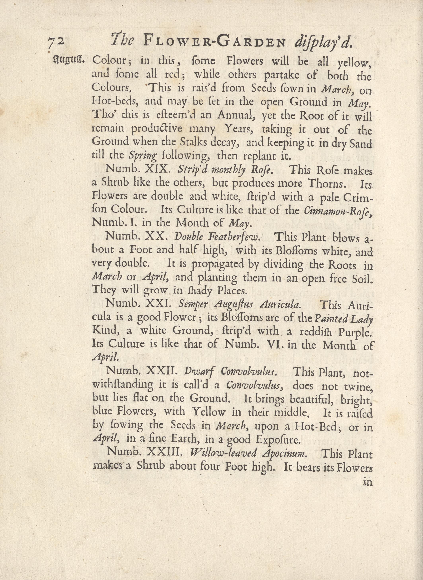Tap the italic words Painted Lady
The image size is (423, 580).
[343, 318]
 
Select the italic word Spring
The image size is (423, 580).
[143, 155]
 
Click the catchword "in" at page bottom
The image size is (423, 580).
[368, 482]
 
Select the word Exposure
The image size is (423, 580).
[277, 439]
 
